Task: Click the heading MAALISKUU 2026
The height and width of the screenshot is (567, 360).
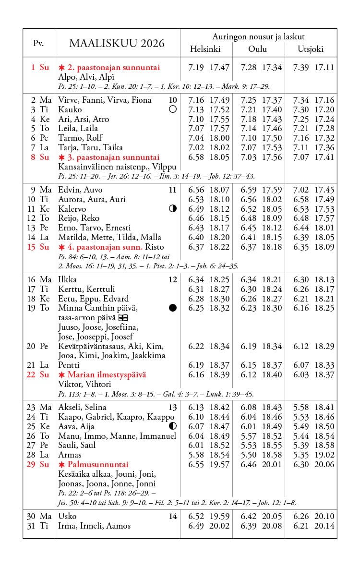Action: pos(117,44)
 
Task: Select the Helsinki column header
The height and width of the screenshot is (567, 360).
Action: pos(205,49)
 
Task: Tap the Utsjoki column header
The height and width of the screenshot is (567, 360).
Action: pos(311,49)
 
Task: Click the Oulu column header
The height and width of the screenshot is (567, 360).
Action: pos(257,49)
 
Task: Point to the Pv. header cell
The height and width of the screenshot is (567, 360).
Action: pos(38,43)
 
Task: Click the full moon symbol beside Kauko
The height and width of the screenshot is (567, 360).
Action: pos(173,109)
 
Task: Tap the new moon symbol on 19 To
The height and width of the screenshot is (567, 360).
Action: pos(173,308)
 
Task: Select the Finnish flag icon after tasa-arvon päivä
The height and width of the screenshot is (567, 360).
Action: pos(123,318)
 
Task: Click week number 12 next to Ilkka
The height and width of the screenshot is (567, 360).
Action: pos(173,280)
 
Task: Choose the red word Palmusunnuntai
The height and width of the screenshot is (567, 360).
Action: pos(98,464)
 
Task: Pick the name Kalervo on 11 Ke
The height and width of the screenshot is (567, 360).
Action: pos(72,209)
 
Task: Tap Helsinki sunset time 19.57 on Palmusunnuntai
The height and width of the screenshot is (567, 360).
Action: pos(219,464)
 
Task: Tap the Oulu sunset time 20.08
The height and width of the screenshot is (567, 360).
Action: pos(272,526)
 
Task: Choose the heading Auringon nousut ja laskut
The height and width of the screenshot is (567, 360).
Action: pos(258,36)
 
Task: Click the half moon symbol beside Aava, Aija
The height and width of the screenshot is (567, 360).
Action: pos(173,426)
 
